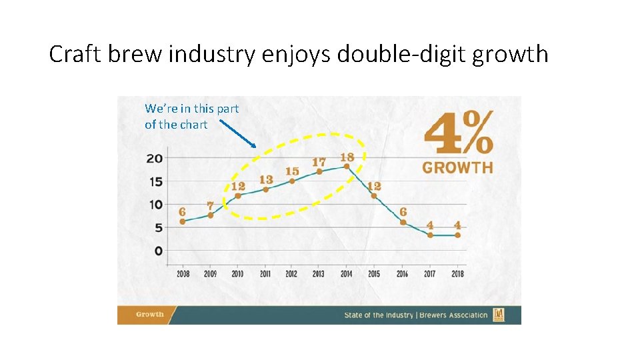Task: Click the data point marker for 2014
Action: click(347, 167)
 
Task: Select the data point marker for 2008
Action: click(183, 221)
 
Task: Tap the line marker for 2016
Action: click(403, 222)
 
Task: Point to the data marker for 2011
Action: click(265, 189)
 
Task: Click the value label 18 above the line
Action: click(347, 157)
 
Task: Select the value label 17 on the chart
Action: click(319, 162)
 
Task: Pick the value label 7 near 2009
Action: click(210, 206)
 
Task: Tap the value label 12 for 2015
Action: click(374, 186)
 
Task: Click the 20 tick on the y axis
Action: click(154, 159)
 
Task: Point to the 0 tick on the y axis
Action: click(158, 251)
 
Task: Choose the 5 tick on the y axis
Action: click(158, 228)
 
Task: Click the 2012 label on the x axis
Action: click(291, 273)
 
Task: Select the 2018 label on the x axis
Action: click(457, 273)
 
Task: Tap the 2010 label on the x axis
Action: click(237, 273)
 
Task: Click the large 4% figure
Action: click(459, 133)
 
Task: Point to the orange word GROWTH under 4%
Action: click(457, 167)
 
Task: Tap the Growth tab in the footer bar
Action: click(150, 315)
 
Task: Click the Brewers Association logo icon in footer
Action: click(498, 315)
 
